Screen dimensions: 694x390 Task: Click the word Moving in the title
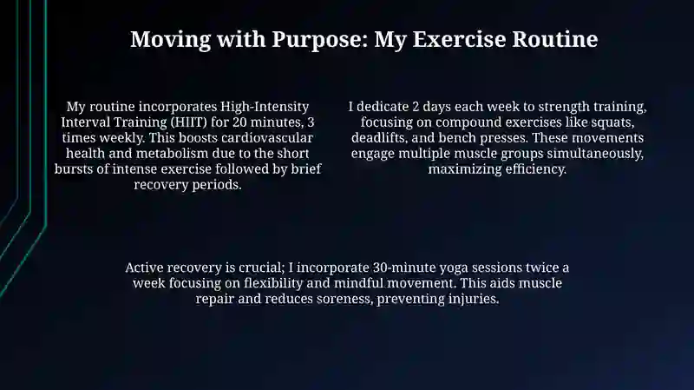[x=170, y=39]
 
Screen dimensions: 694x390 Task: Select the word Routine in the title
[x=555, y=39]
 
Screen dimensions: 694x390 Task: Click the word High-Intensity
[x=265, y=107]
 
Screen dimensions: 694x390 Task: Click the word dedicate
[x=383, y=107]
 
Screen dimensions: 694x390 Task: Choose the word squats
[x=613, y=122]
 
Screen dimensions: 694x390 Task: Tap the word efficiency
[x=536, y=169]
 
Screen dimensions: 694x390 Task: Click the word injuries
[x=474, y=299]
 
